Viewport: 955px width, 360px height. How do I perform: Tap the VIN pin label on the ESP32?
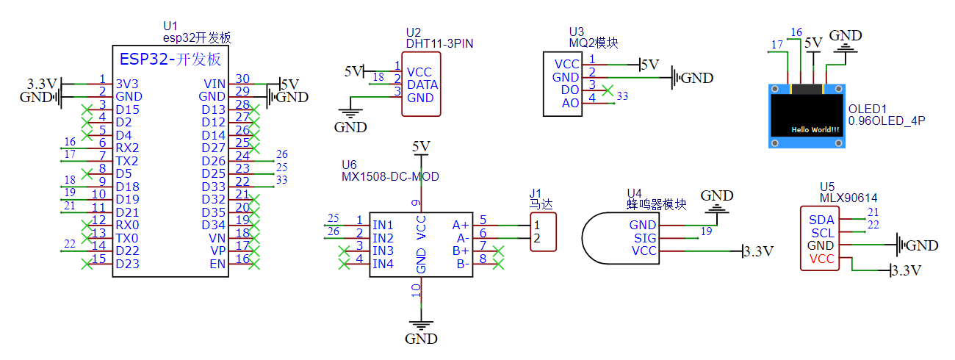click(x=214, y=82)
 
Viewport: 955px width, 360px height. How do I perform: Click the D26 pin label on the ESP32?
click(x=213, y=161)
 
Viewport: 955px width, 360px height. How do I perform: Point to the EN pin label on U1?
click(x=217, y=264)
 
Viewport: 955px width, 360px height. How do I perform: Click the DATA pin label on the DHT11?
click(x=422, y=85)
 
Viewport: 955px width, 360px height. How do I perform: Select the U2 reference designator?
click(x=414, y=33)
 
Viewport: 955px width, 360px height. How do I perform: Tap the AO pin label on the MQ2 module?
click(x=570, y=104)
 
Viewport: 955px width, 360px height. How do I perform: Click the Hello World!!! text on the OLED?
click(x=815, y=129)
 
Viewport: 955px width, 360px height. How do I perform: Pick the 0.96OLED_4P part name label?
click(x=884, y=120)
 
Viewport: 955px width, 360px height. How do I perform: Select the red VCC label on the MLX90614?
click(x=821, y=259)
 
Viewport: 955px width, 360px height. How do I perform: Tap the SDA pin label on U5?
click(x=821, y=219)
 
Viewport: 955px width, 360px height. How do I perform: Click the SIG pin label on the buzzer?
click(x=644, y=238)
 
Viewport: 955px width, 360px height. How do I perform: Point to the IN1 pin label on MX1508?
click(x=383, y=224)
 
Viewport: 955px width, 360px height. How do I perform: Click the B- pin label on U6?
click(x=463, y=264)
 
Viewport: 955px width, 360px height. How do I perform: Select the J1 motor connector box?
click(x=543, y=232)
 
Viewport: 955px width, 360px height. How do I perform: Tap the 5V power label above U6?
click(x=421, y=147)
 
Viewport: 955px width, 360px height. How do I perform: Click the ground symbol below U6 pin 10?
click(x=421, y=325)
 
